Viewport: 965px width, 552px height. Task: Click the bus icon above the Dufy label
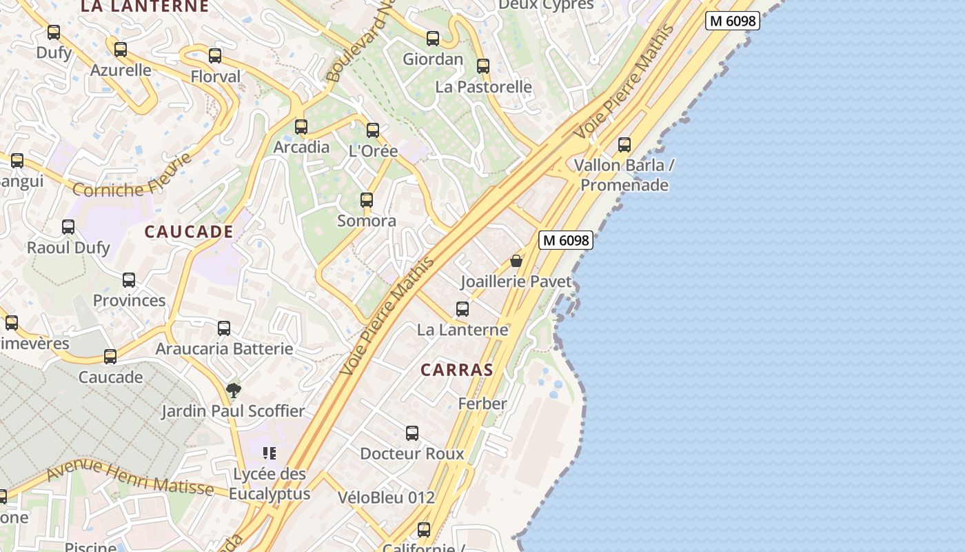54,32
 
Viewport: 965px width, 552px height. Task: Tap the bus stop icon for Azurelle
121,50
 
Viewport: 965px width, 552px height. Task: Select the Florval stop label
216,76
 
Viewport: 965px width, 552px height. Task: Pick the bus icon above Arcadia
301,127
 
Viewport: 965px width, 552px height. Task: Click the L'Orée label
374,150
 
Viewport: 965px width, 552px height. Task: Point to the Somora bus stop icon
367,200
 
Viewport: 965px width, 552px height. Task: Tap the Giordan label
433,59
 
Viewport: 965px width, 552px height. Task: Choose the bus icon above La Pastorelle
483,66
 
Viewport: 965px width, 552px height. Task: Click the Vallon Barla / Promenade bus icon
624,145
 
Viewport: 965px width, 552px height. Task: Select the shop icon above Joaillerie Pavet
516,262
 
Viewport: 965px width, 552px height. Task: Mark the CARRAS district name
457,370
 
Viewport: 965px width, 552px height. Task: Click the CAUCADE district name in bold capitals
188,232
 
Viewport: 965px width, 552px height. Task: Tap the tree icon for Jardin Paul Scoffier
234,391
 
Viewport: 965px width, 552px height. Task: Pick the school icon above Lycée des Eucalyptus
270,453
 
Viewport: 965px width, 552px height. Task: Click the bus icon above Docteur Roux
412,433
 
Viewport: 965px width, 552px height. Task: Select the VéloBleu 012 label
386,497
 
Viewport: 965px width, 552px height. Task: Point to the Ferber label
482,404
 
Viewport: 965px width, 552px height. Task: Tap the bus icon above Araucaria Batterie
224,328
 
